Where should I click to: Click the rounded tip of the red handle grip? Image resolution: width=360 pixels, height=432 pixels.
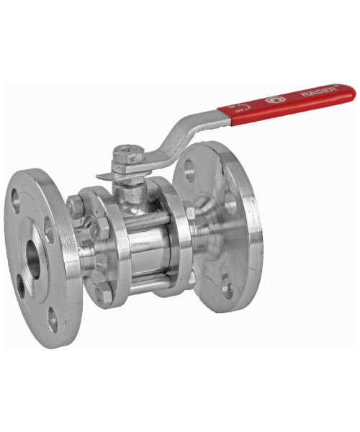coord(351,92)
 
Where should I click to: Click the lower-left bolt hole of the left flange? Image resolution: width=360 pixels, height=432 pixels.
coord(22,286)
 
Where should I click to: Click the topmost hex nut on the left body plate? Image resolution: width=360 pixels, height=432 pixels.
coord(75,207)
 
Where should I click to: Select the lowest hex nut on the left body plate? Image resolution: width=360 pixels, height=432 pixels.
coord(104,296)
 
